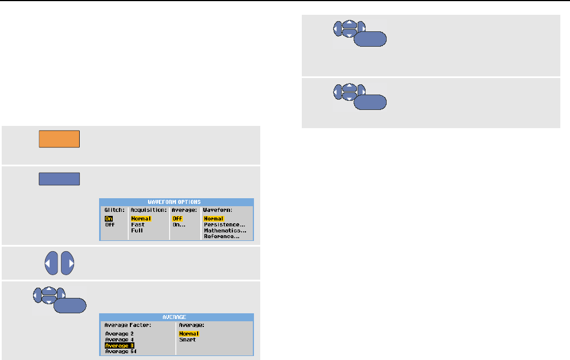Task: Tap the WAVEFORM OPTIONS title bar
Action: [x=176, y=202]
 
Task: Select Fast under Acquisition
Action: [x=138, y=224]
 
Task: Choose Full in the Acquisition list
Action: [x=137, y=230]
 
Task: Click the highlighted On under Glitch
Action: [x=108, y=219]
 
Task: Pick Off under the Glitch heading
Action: [x=109, y=224]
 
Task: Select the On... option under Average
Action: [x=179, y=224]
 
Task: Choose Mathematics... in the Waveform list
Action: [x=224, y=230]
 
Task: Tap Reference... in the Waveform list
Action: [x=222, y=236]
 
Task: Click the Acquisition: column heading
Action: [x=148, y=210]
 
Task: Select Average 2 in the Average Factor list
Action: [x=120, y=334]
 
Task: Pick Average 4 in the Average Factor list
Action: [x=120, y=339]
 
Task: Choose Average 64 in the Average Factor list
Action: [x=121, y=351]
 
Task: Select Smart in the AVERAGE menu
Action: [x=187, y=339]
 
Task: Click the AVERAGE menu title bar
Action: [x=176, y=317]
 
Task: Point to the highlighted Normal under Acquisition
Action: [x=141, y=219]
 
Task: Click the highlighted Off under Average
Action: [x=177, y=219]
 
